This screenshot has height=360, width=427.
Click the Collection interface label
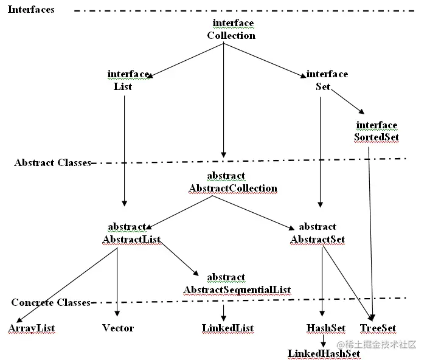point(231,35)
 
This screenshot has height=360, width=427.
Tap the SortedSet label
point(377,137)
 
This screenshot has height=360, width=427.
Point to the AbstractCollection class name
point(233,189)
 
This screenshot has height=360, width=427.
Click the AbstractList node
point(131,240)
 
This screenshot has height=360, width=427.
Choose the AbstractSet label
point(318,240)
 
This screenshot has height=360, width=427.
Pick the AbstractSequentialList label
point(237,289)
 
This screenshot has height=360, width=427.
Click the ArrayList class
point(32,328)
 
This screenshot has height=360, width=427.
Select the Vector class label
point(118,328)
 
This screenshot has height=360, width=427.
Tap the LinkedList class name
point(227,328)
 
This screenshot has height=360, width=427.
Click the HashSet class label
point(326,328)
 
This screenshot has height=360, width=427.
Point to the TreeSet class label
point(378,328)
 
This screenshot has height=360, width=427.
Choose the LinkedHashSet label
point(324,353)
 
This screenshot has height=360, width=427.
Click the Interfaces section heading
point(31,10)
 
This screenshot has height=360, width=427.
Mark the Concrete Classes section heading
point(51,303)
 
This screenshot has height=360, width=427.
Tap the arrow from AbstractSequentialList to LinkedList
point(224,311)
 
